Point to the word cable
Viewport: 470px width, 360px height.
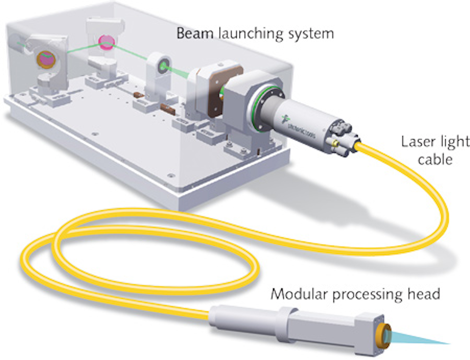(x=435, y=159)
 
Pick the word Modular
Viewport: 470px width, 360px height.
(x=299, y=294)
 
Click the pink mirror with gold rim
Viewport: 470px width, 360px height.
(x=46, y=59)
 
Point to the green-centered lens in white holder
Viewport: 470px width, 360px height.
(x=163, y=67)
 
